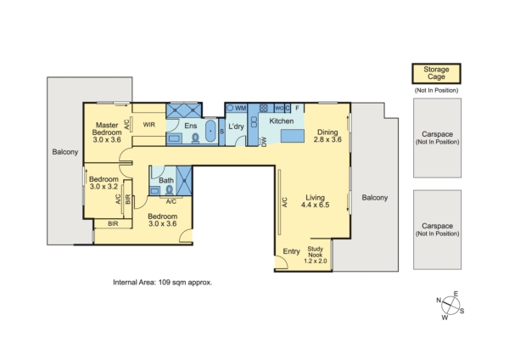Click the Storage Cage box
click(436, 73)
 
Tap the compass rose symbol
click(450, 306)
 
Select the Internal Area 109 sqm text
click(162, 283)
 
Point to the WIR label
click(149, 125)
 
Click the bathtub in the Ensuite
click(211, 131)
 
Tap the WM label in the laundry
click(241, 108)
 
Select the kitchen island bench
click(293, 136)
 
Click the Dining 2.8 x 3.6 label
click(327, 136)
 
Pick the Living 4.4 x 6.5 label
click(315, 201)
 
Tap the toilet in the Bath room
click(169, 190)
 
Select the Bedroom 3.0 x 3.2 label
click(103, 183)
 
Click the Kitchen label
click(282, 121)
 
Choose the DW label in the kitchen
click(264, 142)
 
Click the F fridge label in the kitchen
click(297, 108)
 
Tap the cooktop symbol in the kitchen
click(264, 108)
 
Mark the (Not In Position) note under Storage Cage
click(436, 90)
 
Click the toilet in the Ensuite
click(195, 138)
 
